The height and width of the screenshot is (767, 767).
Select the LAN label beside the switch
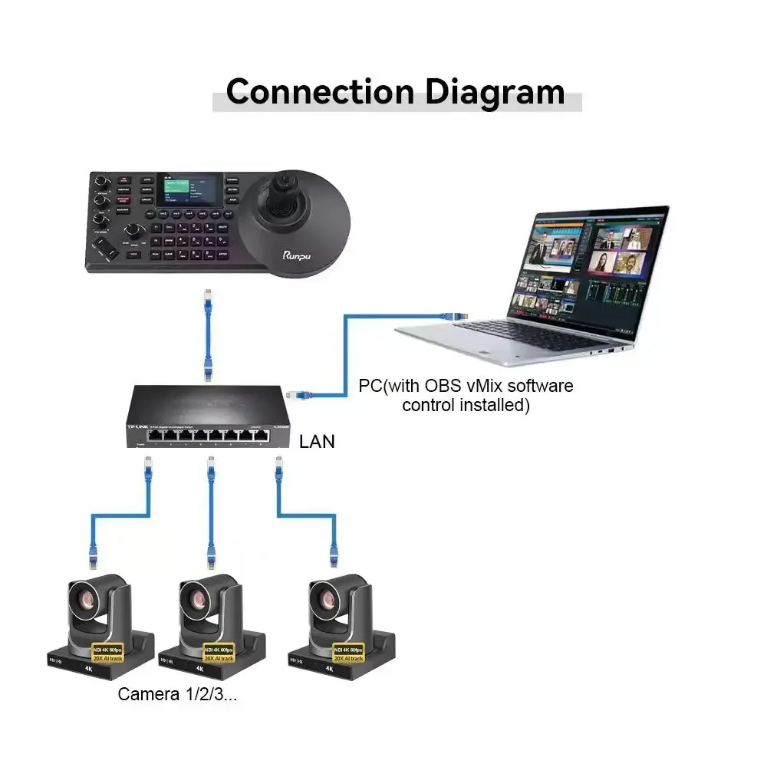317,443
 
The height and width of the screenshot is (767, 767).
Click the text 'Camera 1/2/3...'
177,695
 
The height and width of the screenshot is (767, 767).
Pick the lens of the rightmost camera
325,599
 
